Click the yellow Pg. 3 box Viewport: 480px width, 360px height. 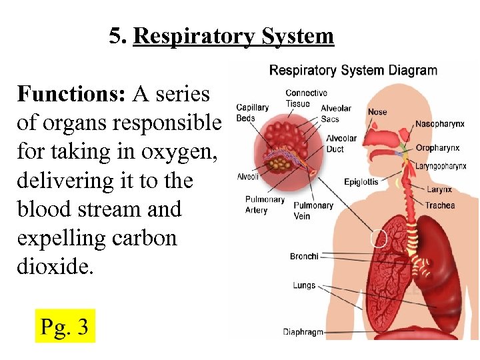65,325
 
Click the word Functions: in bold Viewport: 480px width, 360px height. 71,95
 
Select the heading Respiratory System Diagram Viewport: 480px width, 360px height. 353,70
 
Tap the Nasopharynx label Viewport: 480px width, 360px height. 439,124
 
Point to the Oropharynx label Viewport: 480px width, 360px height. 437,147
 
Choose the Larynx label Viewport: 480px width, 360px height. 439,189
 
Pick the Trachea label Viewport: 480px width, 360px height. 440,205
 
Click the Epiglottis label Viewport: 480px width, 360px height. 361,181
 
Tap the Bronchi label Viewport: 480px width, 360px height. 304,256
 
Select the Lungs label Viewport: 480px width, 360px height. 304,285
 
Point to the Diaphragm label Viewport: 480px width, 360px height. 303,331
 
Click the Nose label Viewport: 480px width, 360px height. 377,111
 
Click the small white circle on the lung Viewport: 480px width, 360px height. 379,239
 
